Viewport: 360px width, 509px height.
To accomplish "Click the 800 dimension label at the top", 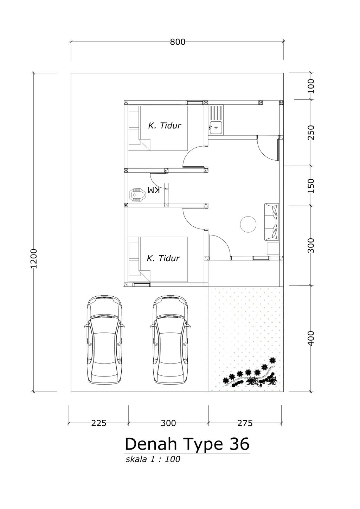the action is pos(178,42).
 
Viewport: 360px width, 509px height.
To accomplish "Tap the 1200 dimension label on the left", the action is pos(34,258).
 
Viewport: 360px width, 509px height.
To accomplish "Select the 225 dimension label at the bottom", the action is pos(99,423).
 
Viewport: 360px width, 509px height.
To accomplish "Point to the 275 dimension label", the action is pos(245,423).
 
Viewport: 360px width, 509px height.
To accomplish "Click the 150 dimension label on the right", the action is pos(311,186).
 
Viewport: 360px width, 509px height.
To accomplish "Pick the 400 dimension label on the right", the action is pos(311,339).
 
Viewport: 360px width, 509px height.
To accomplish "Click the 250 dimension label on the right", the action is pos(311,133).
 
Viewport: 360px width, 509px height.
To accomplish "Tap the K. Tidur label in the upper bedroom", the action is pos(165,125).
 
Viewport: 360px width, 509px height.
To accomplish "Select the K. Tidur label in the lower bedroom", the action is pos(163,258).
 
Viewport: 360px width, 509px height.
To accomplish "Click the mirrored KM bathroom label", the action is pos(154,190).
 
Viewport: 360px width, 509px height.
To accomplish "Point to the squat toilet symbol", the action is pos(137,194).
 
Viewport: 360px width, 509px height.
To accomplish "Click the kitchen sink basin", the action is pos(216,128).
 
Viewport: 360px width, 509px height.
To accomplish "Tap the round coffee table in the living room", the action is pos(248,224).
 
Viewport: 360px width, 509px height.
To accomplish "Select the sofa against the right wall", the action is pos(271,222).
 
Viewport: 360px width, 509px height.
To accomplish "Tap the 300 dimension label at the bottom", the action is pos(168,423).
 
